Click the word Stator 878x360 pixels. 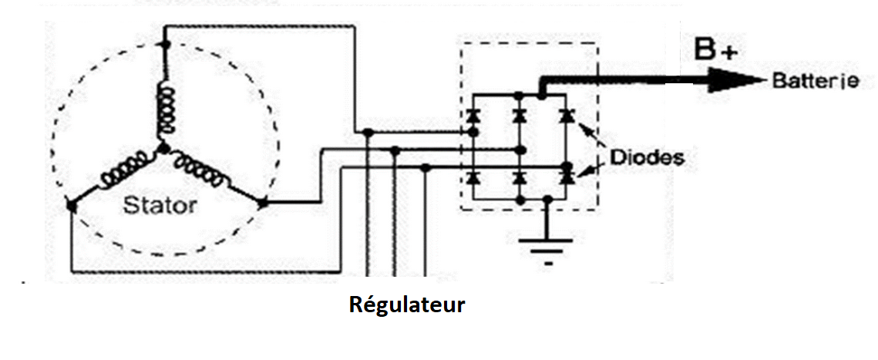point(161,206)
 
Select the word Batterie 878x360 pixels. point(815,81)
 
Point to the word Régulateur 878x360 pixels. point(407,304)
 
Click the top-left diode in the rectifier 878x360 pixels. point(473,116)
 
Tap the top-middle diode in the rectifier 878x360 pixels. point(520,116)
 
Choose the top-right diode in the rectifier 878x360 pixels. point(567,116)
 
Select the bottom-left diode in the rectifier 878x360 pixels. point(473,178)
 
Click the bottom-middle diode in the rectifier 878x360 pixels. point(520,178)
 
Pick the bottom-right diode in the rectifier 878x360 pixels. point(567,178)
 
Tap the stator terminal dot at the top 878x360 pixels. point(163,45)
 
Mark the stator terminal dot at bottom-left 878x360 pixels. point(70,205)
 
